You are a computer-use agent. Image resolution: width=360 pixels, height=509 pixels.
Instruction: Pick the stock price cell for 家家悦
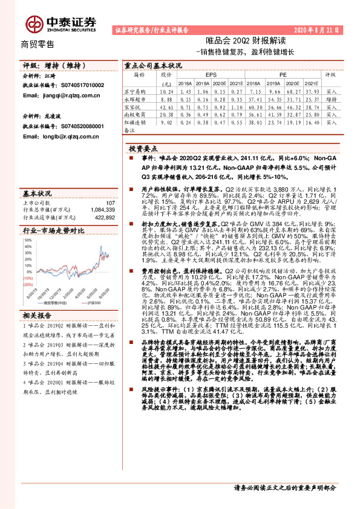166,105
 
